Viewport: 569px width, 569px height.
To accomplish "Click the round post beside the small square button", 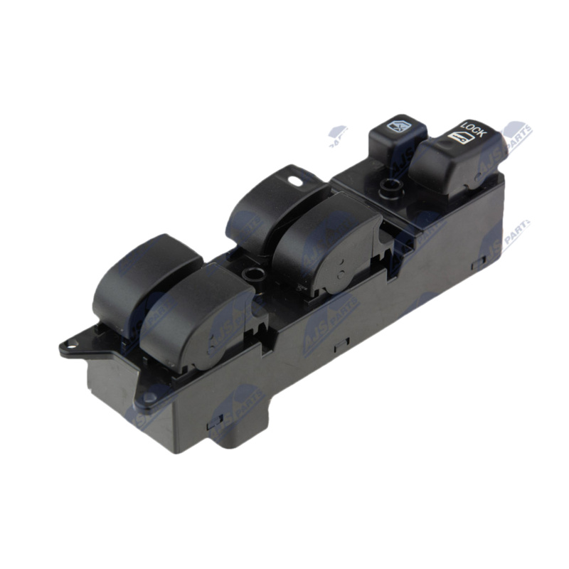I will click(x=388, y=188).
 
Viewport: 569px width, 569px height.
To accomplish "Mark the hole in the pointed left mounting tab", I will click(x=69, y=346).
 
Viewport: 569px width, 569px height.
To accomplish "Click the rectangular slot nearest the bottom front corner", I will click(x=213, y=425).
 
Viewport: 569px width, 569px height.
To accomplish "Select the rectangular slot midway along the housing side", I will click(x=341, y=342).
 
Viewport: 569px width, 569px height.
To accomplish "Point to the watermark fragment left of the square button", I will click(x=338, y=135).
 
